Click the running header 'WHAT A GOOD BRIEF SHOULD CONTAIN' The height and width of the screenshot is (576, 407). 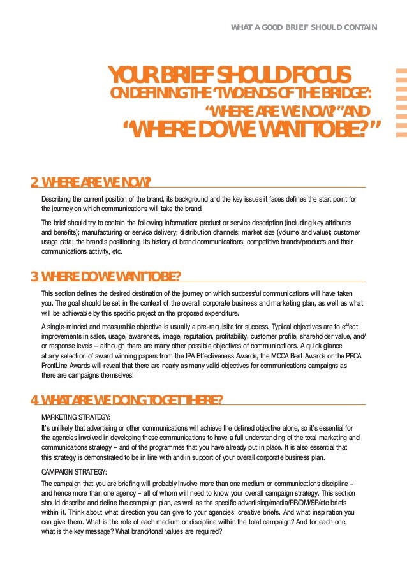point(304,27)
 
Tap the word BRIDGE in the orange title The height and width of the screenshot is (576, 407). point(344,94)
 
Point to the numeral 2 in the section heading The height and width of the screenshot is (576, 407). point(34,182)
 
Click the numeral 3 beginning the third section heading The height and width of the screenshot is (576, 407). point(34,276)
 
